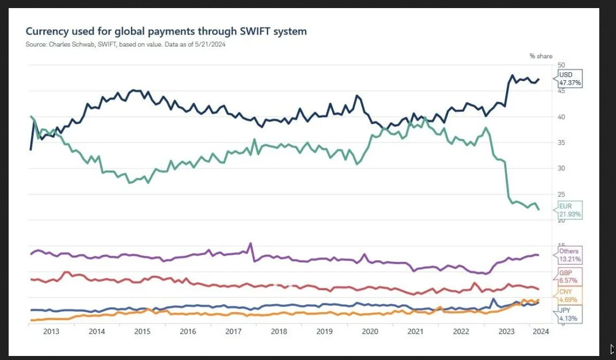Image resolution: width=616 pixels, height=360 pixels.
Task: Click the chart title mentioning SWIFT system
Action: tap(167, 31)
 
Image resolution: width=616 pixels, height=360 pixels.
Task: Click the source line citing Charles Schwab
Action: tap(125, 44)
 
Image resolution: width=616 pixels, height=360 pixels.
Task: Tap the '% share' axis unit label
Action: tap(540, 56)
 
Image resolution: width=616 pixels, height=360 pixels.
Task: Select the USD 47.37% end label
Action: tap(570, 79)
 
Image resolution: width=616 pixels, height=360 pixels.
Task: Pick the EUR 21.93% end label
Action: tap(570, 210)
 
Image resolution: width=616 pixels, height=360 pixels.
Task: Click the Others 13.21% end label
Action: tap(570, 256)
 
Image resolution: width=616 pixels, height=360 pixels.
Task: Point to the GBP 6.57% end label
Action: tap(570, 276)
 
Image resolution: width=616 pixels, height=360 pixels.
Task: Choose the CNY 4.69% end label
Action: tap(570, 296)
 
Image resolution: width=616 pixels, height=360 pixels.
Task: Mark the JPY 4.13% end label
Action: tap(570, 314)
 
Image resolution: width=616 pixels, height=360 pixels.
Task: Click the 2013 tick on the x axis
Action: tap(51, 332)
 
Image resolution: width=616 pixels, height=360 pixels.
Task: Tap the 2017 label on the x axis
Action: tap(234, 332)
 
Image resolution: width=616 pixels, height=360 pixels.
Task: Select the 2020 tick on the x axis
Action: tap(370, 332)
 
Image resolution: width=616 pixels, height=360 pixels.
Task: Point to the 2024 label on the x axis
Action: tap(540, 332)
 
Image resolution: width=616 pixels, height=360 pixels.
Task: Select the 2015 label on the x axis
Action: tap(142, 332)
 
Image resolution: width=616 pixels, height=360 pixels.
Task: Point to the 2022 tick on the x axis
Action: tap(461, 332)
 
